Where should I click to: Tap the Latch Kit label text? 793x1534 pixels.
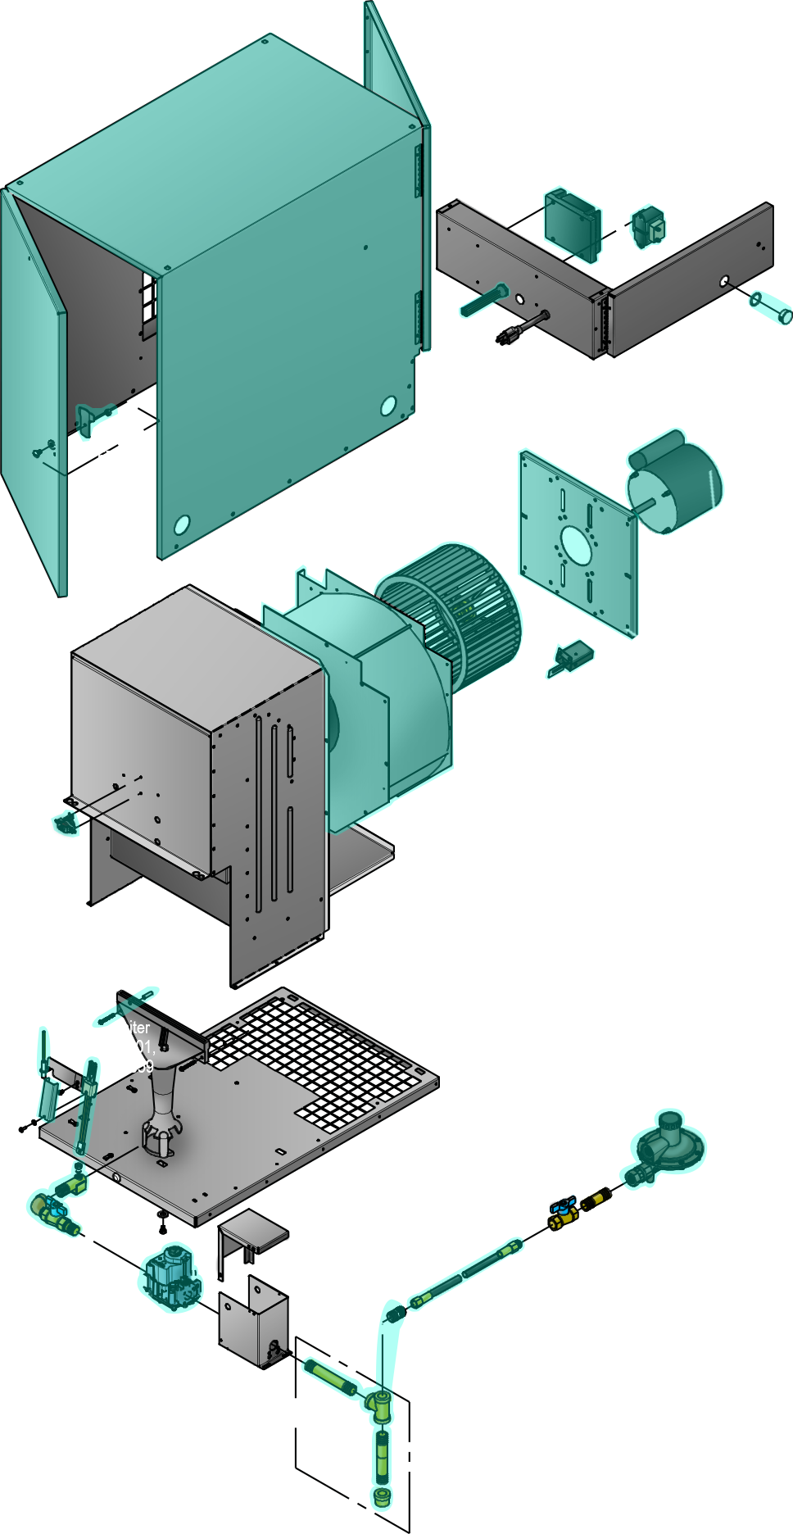pyautogui.click(x=122, y=438)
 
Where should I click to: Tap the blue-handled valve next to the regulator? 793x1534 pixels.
pyautogui.click(x=563, y=1209)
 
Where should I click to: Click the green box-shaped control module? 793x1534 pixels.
pyautogui.click(x=573, y=223)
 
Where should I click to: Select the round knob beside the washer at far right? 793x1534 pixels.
pyautogui.click(x=783, y=315)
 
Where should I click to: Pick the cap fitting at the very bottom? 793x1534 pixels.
pyautogui.click(x=383, y=1495)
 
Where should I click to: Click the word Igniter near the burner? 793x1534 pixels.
pyautogui.click(x=129, y=1028)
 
